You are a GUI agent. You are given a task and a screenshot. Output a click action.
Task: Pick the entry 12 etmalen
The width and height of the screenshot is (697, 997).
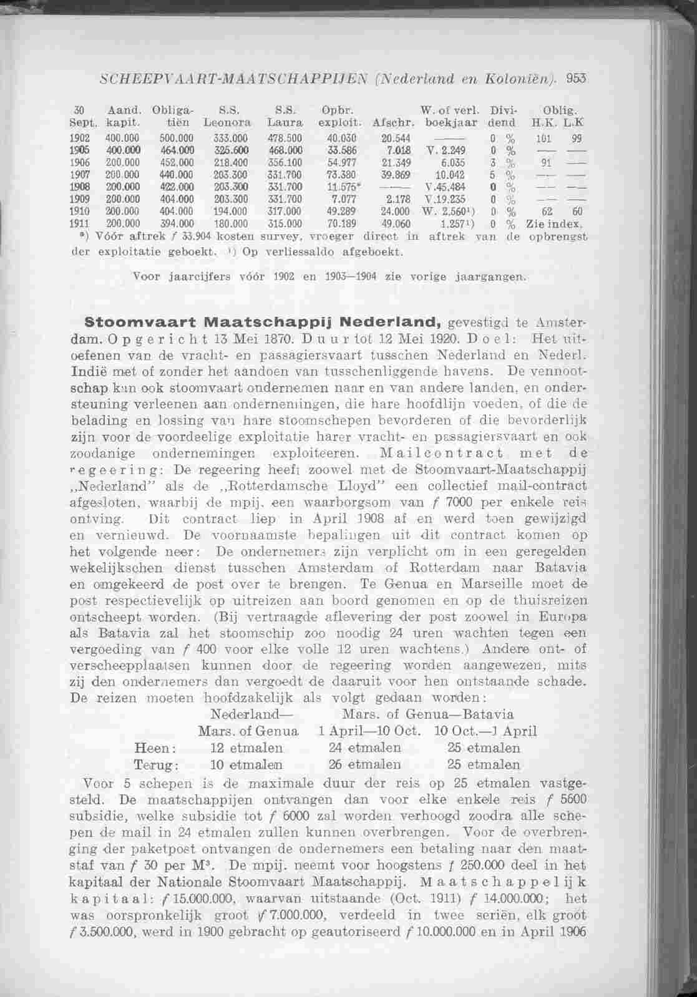(x=246, y=747)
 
